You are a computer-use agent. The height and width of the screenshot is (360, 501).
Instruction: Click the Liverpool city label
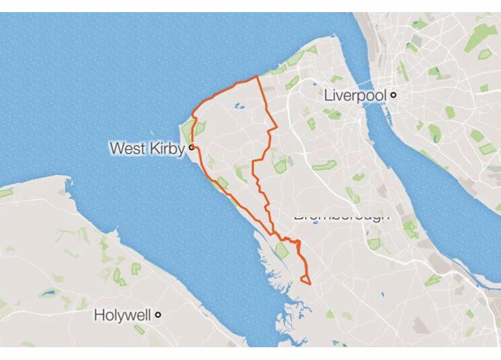[355, 95]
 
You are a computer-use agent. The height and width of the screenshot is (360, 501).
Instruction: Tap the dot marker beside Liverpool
[394, 95]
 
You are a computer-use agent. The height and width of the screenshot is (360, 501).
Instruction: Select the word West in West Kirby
[127, 147]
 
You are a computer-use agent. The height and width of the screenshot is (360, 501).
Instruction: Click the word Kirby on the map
[167, 147]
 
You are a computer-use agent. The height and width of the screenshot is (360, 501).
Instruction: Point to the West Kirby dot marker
[191, 147]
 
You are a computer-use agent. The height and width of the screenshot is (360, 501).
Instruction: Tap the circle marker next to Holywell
[158, 314]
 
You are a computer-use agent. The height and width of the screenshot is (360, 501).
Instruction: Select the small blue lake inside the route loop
[237, 105]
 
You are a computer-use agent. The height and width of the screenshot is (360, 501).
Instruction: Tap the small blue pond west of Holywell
[48, 293]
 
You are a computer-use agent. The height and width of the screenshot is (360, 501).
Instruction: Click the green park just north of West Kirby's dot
[199, 128]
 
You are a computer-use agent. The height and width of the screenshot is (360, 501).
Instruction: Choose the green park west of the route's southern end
[282, 251]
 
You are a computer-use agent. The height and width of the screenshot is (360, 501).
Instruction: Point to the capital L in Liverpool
[328, 95]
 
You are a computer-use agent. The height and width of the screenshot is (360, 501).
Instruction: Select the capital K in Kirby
[155, 147]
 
